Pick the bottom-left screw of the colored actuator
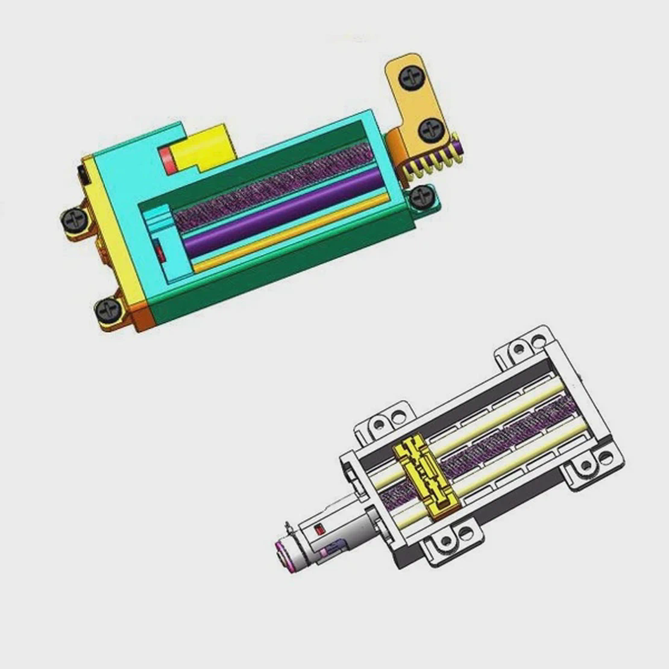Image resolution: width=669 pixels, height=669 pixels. click(x=109, y=309)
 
